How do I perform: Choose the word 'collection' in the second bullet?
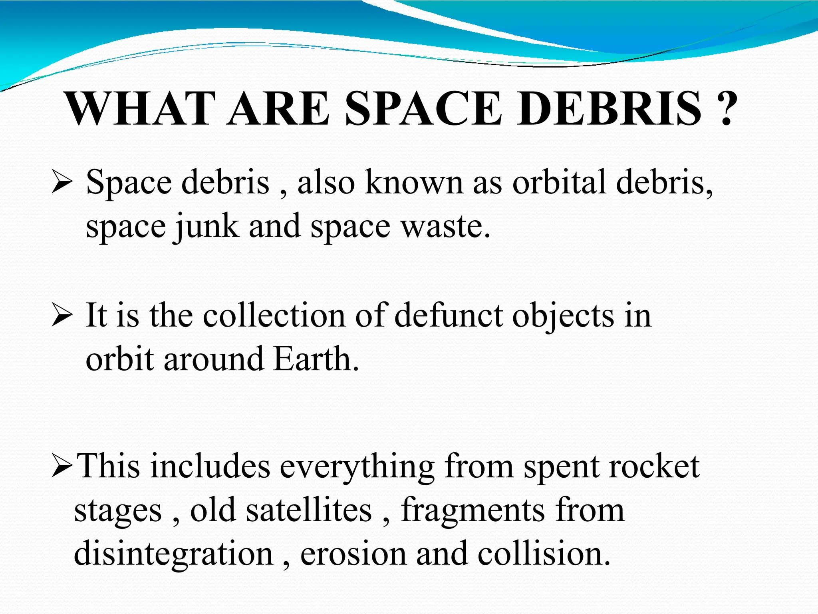pos(274,316)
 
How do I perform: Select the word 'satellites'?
pos(308,510)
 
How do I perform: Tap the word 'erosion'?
pos(353,554)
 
